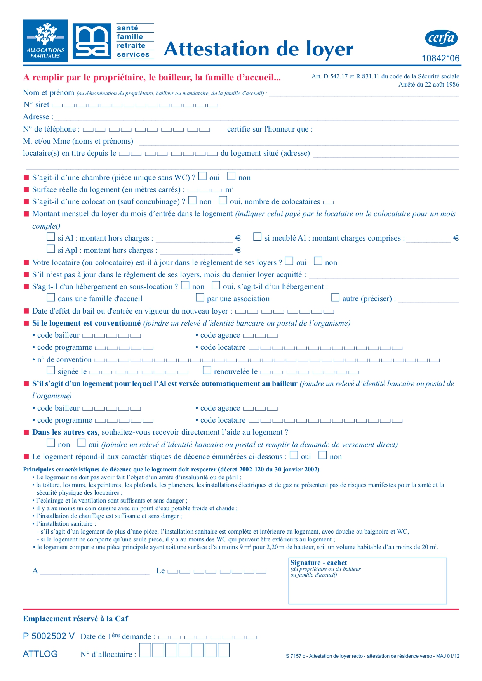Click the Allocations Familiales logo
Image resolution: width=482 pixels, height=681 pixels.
click(45, 41)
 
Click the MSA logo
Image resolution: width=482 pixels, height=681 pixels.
click(92, 41)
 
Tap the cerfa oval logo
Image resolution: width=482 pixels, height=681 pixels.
click(441, 38)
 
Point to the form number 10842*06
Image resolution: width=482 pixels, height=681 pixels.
click(440, 59)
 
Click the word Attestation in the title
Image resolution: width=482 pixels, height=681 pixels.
click(216, 49)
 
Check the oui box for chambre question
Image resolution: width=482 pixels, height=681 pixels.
click(202, 177)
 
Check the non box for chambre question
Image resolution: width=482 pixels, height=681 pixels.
click(231, 177)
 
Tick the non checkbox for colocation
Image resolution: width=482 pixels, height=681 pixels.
click(192, 201)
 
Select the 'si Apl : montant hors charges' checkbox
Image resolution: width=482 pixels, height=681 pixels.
click(51, 249)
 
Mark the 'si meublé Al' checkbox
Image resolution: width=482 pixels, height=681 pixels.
click(257, 237)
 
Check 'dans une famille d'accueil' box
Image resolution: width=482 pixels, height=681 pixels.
click(51, 298)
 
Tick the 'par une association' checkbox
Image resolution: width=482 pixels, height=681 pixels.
click(200, 298)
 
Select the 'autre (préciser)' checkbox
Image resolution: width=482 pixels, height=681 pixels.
click(335, 298)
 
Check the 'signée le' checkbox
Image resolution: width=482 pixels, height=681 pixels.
click(51, 371)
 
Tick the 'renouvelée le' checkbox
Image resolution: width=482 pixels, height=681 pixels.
click(207, 371)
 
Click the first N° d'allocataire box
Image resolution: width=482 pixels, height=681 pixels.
click(145, 650)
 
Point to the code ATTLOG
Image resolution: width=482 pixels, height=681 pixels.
click(40, 654)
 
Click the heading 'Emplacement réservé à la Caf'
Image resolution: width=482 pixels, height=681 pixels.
click(75, 619)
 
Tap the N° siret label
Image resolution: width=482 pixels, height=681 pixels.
click(36, 105)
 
